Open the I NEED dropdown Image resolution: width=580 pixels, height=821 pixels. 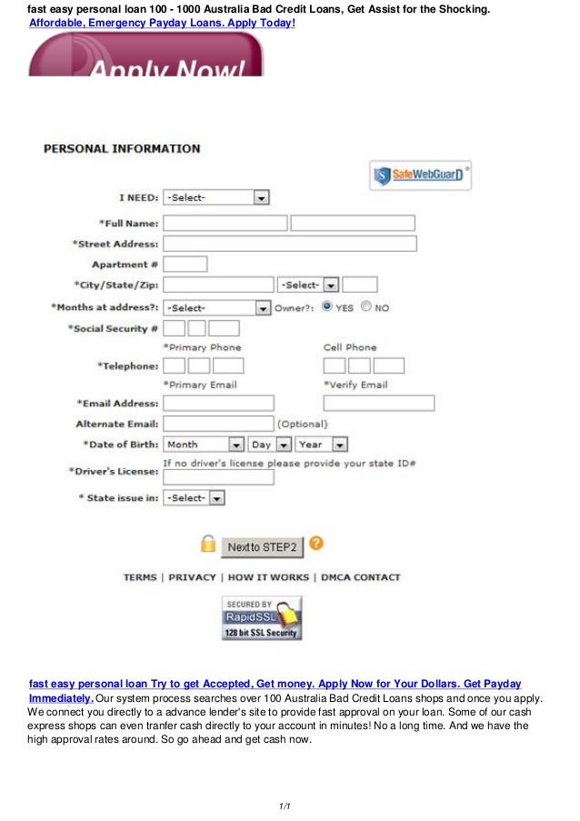coord(216,197)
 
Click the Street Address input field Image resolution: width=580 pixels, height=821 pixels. coord(289,244)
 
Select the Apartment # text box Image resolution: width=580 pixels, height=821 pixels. coord(185,265)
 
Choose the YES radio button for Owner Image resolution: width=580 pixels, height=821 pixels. coord(326,307)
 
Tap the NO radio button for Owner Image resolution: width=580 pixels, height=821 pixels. coord(365,307)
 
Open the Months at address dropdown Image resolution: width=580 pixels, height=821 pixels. coord(217,308)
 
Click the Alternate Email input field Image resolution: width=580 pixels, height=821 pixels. coord(218,424)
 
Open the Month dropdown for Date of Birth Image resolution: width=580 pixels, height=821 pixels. coord(205,445)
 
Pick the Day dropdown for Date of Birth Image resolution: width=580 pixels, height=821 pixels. coord(270,445)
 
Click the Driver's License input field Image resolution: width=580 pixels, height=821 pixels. coord(218,477)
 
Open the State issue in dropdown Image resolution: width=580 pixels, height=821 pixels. coord(194,498)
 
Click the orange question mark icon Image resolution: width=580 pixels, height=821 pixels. coord(316,544)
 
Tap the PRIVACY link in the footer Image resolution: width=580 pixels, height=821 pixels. coord(192,577)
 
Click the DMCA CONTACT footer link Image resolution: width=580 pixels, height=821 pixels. coord(360,577)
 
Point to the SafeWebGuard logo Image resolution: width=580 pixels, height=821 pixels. coord(420,175)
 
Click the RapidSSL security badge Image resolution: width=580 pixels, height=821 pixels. coord(262,618)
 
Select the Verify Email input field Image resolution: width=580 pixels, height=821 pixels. coord(378,403)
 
